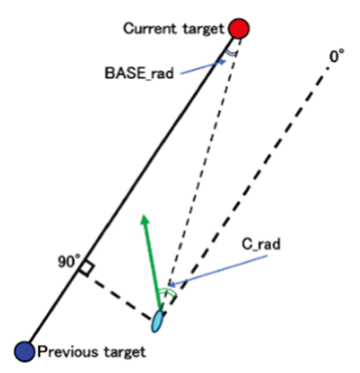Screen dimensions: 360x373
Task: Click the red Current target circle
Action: (239, 28)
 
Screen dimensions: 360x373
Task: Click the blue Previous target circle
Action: (25, 351)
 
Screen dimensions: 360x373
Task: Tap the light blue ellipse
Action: (157, 321)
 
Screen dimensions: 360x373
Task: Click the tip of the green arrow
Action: (144, 216)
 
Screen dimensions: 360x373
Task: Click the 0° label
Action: (337, 57)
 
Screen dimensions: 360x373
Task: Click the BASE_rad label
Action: (139, 73)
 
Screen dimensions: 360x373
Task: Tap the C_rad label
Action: (261, 245)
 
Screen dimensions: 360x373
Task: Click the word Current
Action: (150, 28)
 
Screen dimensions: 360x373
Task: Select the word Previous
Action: (67, 352)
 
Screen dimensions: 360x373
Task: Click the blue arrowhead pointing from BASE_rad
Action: (222, 62)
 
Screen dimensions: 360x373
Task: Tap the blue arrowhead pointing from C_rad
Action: (172, 284)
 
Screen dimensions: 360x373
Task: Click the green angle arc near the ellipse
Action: (167, 291)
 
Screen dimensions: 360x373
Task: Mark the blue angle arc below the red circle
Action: (231, 53)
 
